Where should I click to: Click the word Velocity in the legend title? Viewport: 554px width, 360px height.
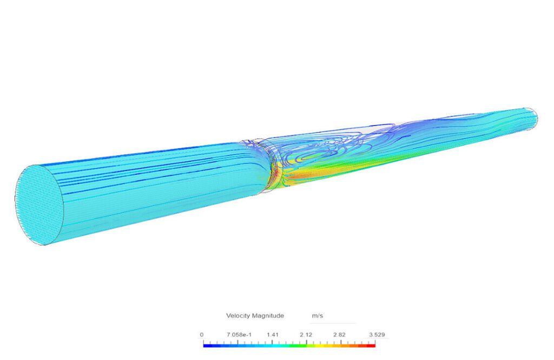pos(238,316)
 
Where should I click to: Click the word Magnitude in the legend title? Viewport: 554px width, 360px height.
pos(267,316)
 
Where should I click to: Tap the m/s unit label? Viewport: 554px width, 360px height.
pos(318,316)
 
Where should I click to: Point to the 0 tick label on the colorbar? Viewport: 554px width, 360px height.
pos(202,335)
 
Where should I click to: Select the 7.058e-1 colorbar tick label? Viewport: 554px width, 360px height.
pos(235,335)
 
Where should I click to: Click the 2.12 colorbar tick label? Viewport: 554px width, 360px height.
pos(306,335)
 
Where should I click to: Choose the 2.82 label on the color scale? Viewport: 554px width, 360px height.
pos(339,335)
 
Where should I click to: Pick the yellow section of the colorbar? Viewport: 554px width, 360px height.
pos(330,345)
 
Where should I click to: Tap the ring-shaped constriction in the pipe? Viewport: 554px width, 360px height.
pos(265,162)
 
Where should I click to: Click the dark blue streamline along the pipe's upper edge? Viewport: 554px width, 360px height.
pos(135,155)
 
